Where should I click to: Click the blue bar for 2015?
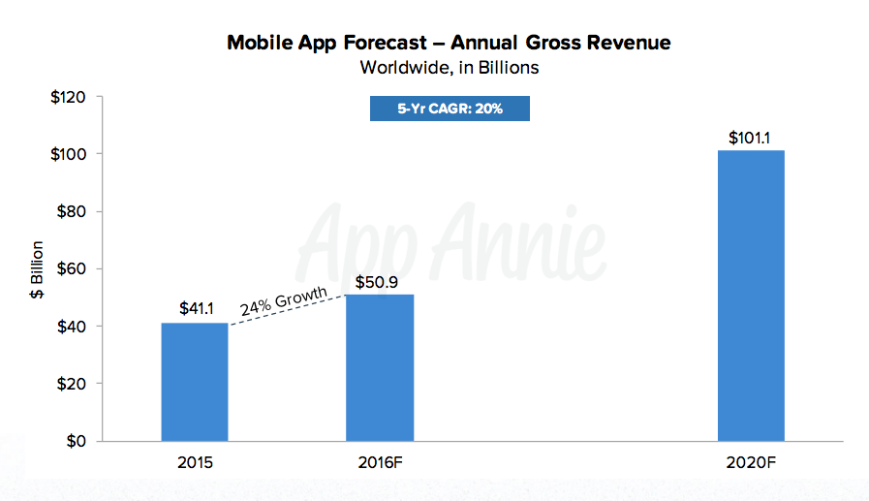(x=195, y=382)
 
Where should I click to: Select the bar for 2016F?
(x=380, y=367)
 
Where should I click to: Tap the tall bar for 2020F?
(x=751, y=296)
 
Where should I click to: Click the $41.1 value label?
(x=195, y=308)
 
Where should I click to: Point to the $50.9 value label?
(x=380, y=280)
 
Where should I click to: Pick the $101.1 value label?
(x=750, y=138)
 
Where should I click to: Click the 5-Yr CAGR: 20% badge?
(x=450, y=109)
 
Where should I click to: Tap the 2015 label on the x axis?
(x=195, y=463)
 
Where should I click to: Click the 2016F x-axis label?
(x=380, y=463)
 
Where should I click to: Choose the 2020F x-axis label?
(x=751, y=463)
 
